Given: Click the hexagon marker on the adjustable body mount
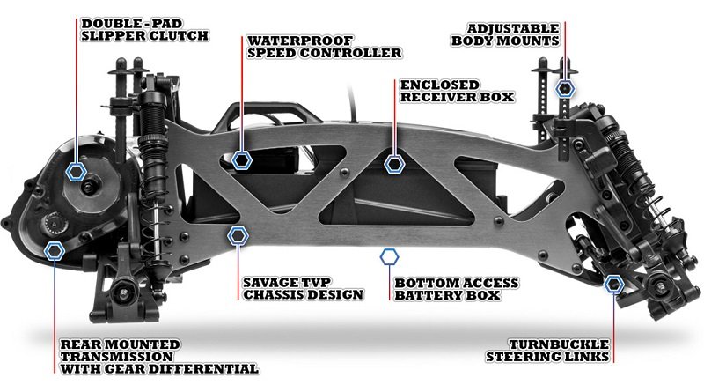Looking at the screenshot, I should click(565, 88).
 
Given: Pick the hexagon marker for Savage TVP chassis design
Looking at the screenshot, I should click(236, 236).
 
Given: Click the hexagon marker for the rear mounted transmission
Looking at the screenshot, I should click(55, 249).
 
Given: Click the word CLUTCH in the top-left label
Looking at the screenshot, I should click(181, 36).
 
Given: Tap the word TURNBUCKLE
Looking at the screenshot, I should click(557, 343).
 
